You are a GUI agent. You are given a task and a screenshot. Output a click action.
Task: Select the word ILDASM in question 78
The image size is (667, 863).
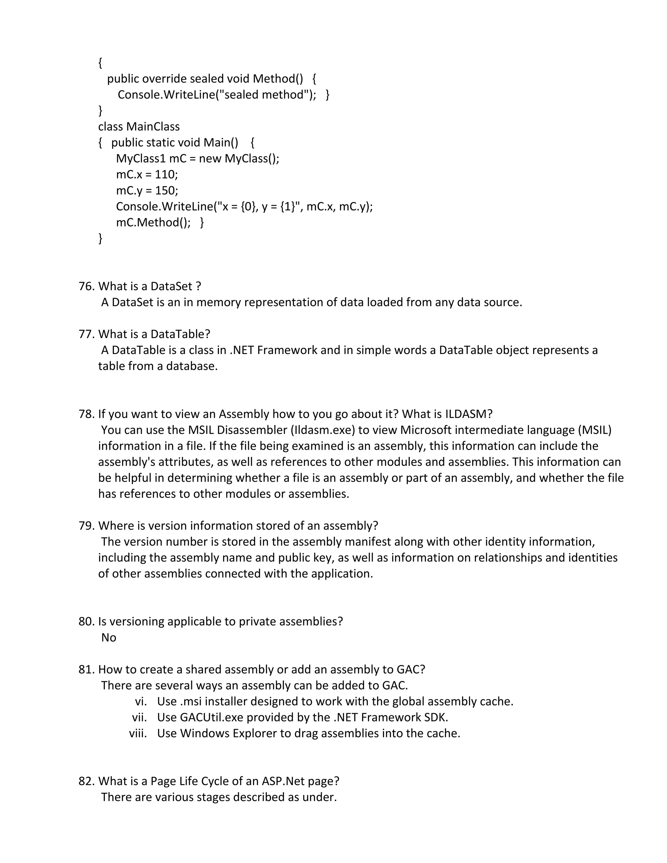click(469, 414)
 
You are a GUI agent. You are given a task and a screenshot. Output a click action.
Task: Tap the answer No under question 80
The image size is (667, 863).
click(109, 638)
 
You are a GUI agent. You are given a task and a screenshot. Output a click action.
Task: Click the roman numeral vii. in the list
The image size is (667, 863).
click(139, 717)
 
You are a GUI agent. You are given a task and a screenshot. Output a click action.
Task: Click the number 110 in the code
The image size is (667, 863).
click(164, 175)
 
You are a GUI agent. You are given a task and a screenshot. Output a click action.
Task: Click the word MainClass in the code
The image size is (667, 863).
click(153, 127)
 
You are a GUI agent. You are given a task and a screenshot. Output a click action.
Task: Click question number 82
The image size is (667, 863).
click(86, 781)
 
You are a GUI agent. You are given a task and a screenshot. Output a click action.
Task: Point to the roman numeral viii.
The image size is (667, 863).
click(138, 733)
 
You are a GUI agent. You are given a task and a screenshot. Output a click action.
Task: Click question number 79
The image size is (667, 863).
click(86, 526)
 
